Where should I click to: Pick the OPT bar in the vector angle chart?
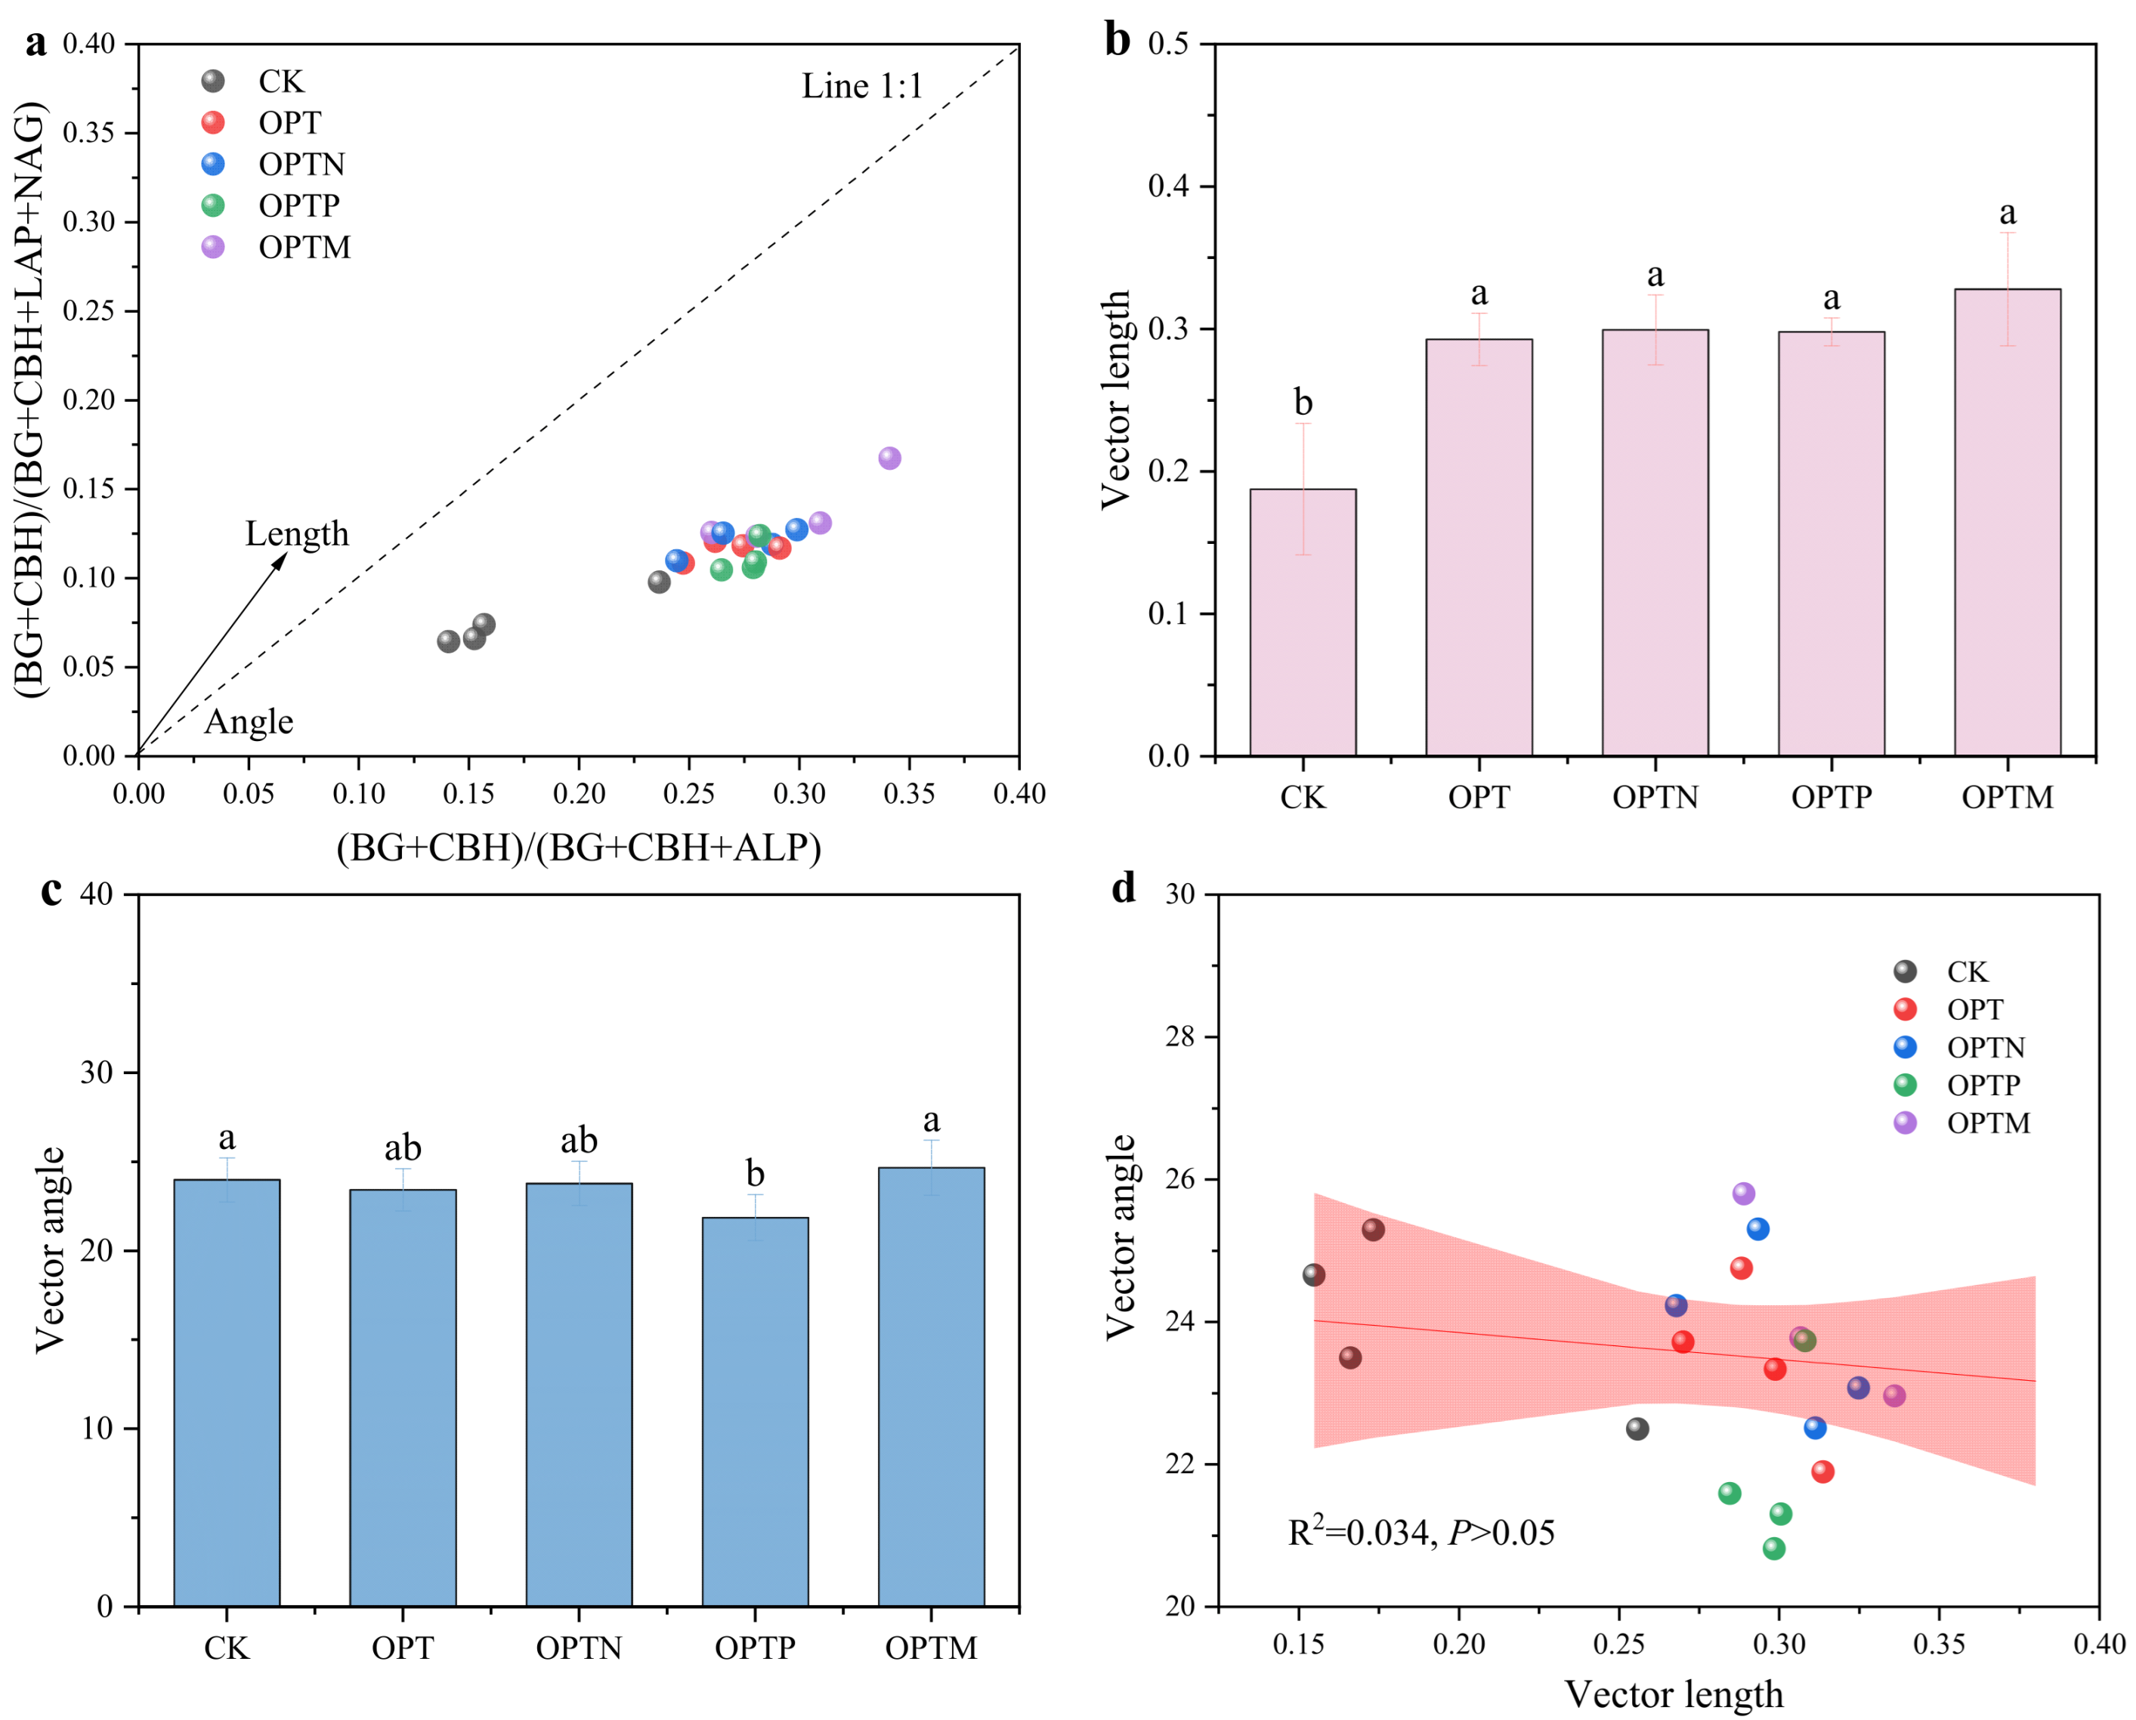click(403, 1397)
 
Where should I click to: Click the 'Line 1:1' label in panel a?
click(861, 86)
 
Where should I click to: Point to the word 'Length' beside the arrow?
click(298, 534)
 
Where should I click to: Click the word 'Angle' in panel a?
click(249, 721)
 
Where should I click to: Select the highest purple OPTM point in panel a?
click(889, 458)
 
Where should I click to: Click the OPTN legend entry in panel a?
click(301, 163)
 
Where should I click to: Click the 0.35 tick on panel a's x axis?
click(909, 794)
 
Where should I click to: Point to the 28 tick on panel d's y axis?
click(1180, 1037)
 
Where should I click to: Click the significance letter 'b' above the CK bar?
click(1303, 403)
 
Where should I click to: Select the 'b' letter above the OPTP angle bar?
click(756, 1174)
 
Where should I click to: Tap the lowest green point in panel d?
click(1773, 1549)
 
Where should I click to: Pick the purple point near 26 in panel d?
click(1744, 1194)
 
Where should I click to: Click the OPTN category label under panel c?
click(579, 1647)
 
